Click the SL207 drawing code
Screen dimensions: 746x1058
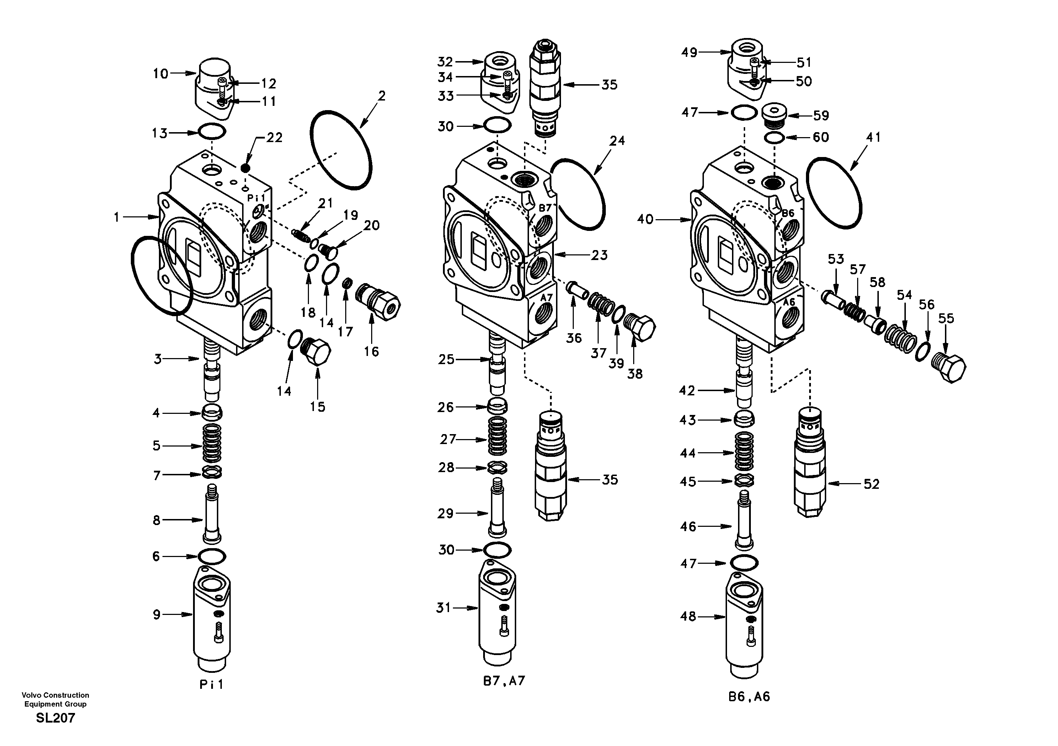point(55,718)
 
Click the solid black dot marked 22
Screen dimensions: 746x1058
point(246,168)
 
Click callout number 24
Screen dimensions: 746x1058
point(617,141)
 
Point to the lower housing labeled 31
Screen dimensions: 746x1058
point(498,612)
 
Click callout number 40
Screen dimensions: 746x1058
point(646,220)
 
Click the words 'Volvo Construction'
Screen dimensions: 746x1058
point(55,695)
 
